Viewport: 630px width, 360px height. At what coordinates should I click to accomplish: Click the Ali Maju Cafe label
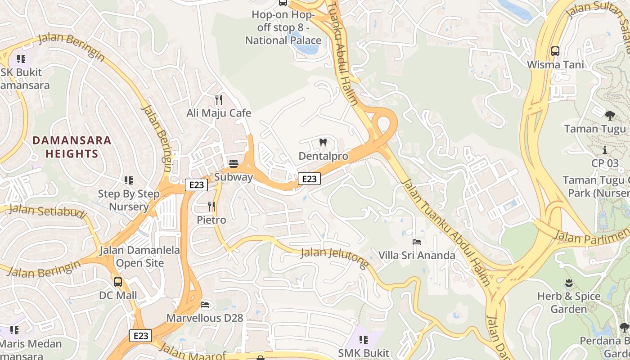(219, 113)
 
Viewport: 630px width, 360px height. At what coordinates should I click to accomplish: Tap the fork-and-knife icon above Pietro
(211, 207)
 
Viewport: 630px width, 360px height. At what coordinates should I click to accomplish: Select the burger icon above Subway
(233, 163)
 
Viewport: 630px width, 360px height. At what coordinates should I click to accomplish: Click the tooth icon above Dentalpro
(323, 143)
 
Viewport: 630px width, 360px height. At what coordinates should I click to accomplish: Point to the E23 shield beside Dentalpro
(309, 179)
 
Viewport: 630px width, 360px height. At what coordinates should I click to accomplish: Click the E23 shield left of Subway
(196, 184)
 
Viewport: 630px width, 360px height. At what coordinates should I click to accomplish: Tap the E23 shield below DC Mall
(141, 336)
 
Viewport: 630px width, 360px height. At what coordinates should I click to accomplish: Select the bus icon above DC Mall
(118, 282)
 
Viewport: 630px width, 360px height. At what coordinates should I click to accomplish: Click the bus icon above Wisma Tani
(555, 51)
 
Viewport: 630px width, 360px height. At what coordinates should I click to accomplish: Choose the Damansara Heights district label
(72, 147)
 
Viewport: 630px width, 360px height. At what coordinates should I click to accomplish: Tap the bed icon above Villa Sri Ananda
(417, 243)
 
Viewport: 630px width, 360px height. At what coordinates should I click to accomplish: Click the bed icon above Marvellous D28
(205, 305)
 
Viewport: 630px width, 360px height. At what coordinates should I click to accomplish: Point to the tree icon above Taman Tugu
(610, 116)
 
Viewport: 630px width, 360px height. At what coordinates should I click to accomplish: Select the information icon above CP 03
(605, 150)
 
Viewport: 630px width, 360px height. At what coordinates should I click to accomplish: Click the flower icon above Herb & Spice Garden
(569, 283)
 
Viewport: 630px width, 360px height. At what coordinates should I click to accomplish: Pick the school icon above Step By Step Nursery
(129, 180)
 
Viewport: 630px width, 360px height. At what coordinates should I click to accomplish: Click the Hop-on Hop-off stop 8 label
(283, 27)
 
